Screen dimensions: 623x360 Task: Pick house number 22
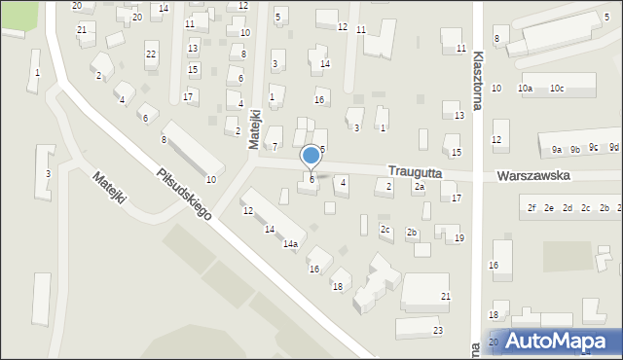pos(150,54)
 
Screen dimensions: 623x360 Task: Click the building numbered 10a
pos(526,89)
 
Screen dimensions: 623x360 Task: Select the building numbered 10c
pos(556,89)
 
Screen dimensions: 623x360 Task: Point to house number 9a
pos(557,150)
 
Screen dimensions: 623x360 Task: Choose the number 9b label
pos(575,149)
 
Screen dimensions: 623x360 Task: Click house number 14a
pos(290,244)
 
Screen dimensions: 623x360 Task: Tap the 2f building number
pos(532,208)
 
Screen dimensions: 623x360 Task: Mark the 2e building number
pos(549,208)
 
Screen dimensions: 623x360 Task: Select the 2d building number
pos(567,208)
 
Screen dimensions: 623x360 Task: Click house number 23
pos(438,331)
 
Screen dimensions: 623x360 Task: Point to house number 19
pos(459,238)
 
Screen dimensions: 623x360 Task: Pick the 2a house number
pos(420,186)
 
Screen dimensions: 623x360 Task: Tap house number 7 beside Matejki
pos(275,146)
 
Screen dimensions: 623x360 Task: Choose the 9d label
pos(613,148)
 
